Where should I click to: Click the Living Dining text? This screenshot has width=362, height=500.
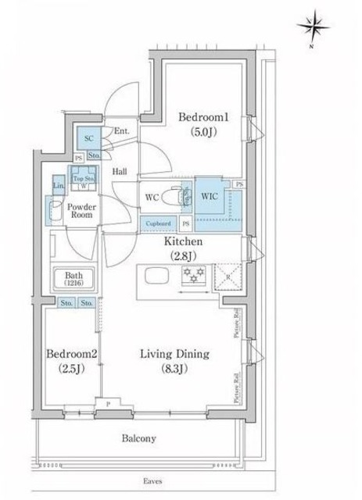174,354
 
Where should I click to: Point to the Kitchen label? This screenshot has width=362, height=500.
184,242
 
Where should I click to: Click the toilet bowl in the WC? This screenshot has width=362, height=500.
187,197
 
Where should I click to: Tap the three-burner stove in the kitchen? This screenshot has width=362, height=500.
192,274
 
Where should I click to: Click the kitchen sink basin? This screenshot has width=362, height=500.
154,276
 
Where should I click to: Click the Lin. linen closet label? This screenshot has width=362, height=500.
58,185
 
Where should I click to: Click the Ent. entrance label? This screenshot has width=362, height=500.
121,131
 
